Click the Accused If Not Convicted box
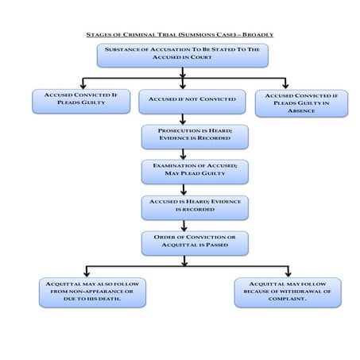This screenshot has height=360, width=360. (x=182, y=100)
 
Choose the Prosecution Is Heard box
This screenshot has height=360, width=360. (x=184, y=136)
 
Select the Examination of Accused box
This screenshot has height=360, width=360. (x=184, y=171)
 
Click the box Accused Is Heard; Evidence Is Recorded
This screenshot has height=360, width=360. (x=184, y=207)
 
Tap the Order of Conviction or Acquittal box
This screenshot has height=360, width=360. (x=184, y=242)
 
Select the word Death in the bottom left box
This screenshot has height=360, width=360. (x=104, y=300)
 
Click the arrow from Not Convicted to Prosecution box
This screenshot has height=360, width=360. (x=184, y=118)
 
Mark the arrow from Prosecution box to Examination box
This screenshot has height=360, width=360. (x=184, y=153)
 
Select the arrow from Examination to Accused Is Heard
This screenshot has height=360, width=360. (x=184, y=189)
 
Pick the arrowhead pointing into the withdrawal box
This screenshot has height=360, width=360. (x=288, y=273)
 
